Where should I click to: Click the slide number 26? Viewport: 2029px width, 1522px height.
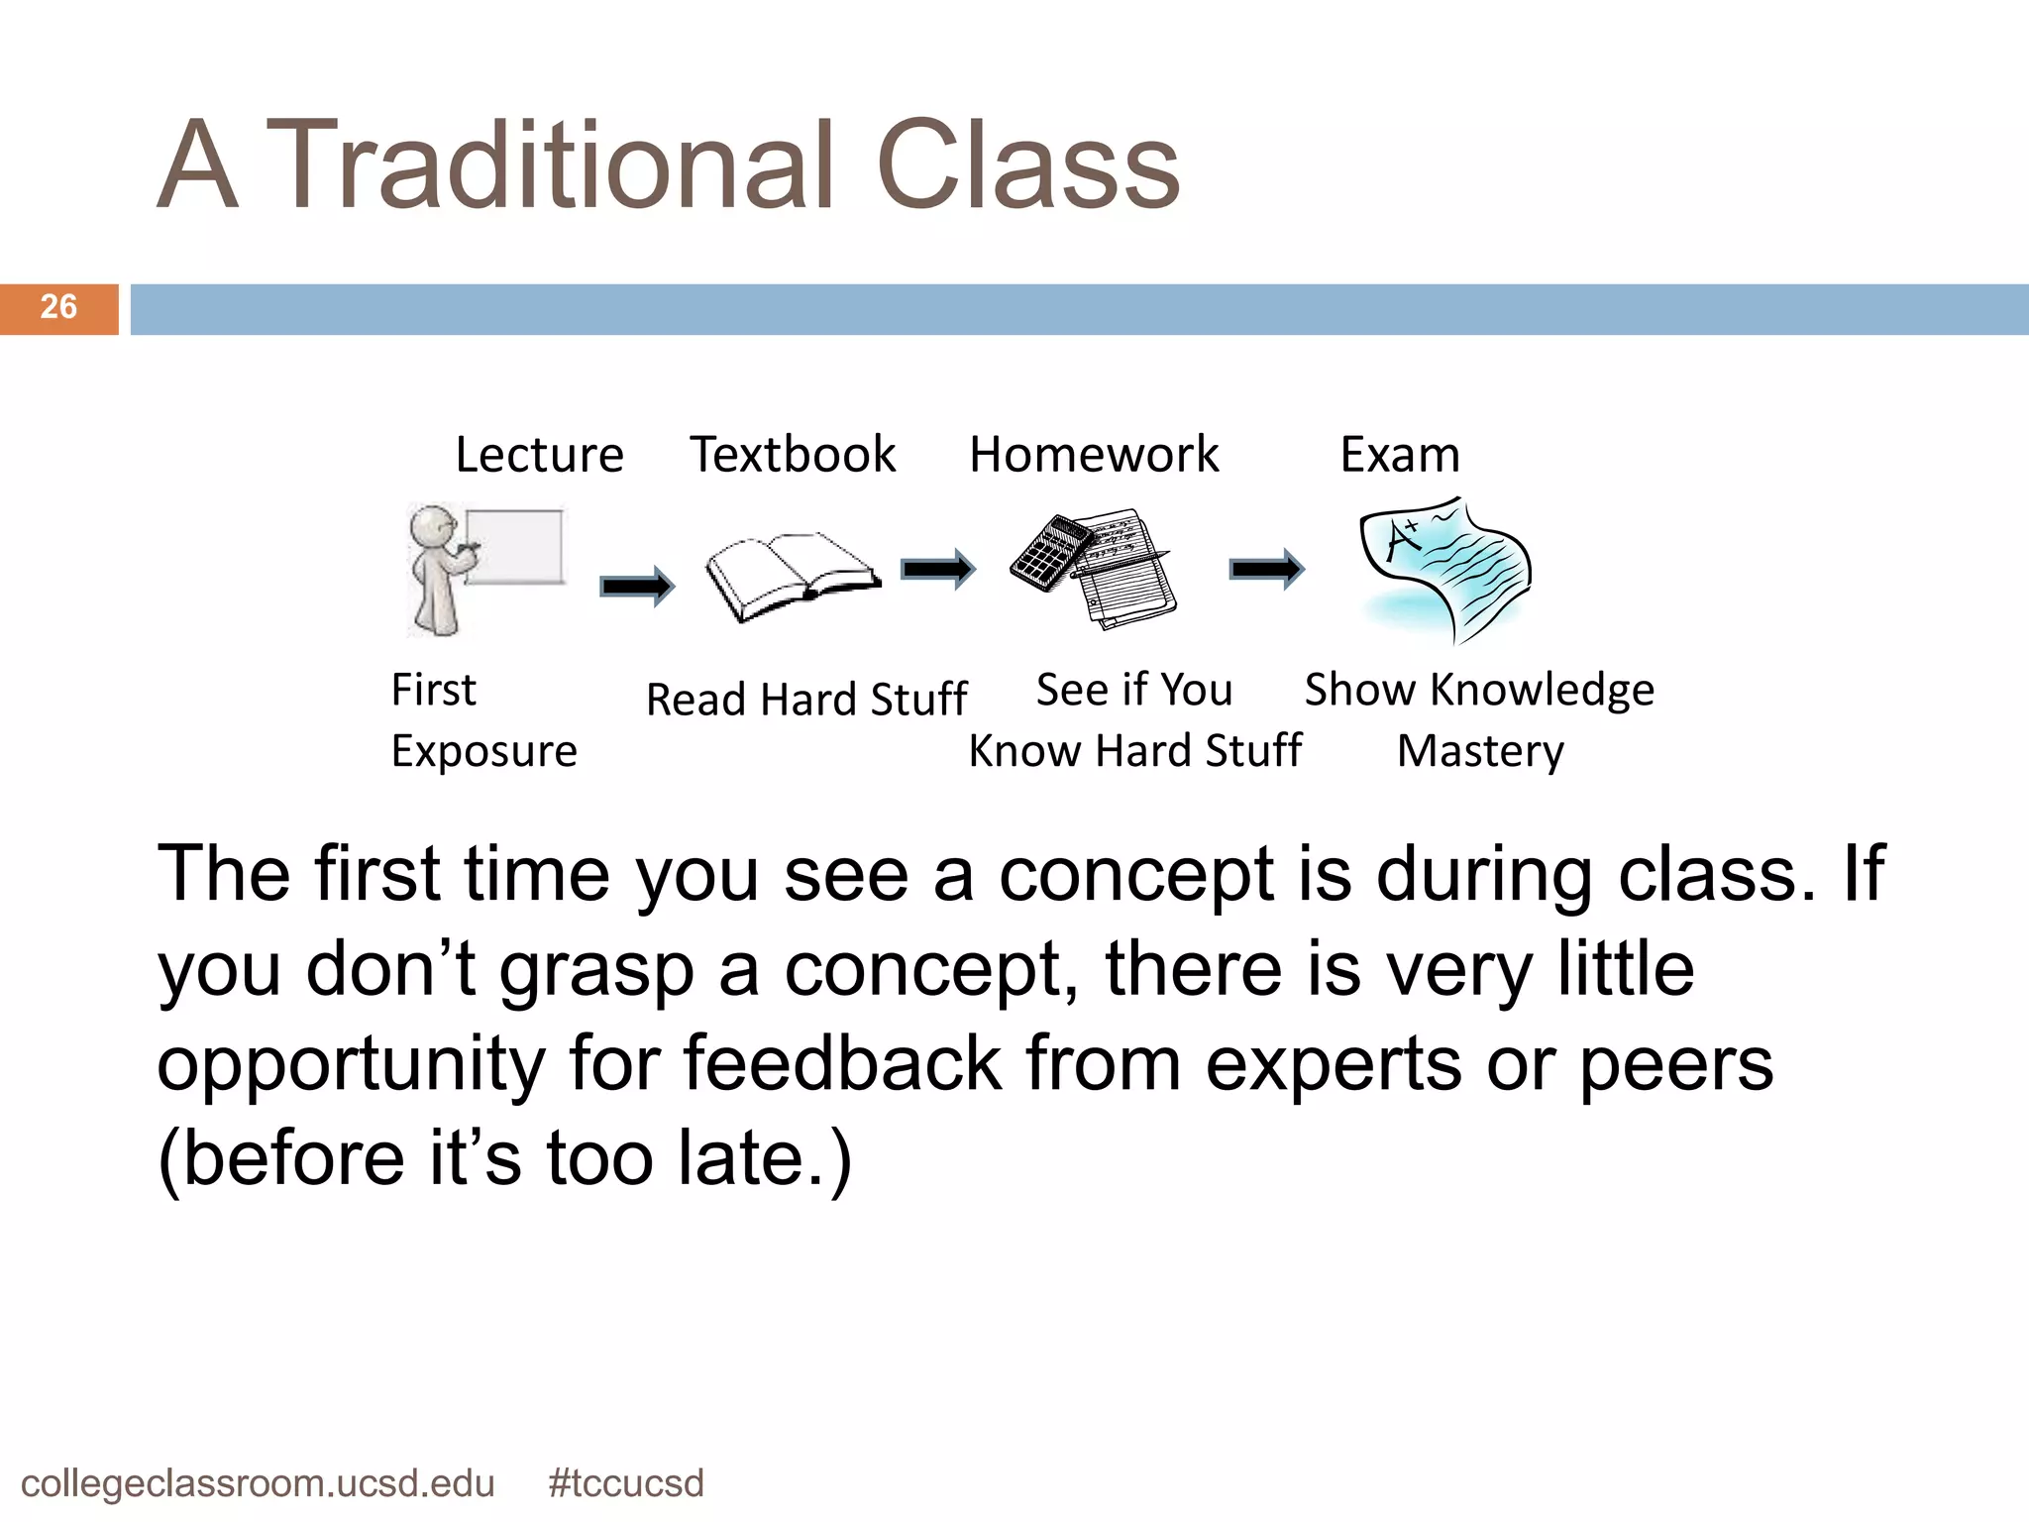click(58, 307)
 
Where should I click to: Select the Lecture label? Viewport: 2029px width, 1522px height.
click(539, 455)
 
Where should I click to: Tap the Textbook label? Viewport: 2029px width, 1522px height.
click(793, 455)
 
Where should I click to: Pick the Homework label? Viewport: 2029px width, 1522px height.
click(1094, 455)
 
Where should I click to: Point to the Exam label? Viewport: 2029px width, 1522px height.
click(1400, 455)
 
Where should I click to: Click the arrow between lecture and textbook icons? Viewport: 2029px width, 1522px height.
click(637, 587)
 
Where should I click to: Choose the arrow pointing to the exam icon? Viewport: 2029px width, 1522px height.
click(1267, 569)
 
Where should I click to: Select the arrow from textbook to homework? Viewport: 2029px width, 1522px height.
click(937, 569)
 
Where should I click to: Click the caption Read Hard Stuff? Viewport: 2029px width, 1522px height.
click(805, 700)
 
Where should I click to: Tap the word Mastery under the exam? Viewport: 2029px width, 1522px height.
click(1480, 752)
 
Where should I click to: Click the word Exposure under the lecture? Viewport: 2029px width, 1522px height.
click(483, 752)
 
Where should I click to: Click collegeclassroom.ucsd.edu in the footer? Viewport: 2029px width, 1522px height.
click(258, 1483)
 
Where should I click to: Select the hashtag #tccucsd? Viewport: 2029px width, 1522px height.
click(625, 1483)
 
